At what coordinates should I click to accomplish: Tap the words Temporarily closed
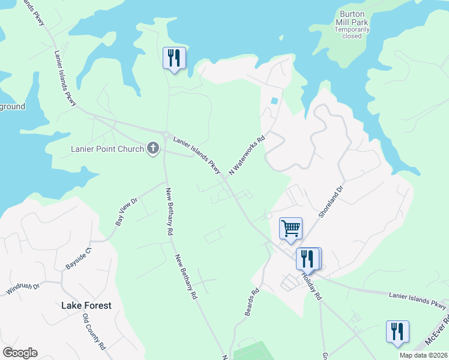352,32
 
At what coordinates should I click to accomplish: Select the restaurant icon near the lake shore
174,58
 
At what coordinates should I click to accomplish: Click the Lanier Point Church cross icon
153,148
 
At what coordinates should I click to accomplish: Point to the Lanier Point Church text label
107,149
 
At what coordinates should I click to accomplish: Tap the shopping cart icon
291,228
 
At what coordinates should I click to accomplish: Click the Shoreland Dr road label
331,202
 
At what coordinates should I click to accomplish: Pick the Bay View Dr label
127,212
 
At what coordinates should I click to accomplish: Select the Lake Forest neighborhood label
86,305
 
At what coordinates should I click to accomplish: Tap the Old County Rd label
94,331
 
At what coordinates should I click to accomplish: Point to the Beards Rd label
252,301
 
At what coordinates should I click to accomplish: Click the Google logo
20,353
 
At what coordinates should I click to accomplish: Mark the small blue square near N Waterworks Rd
274,100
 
